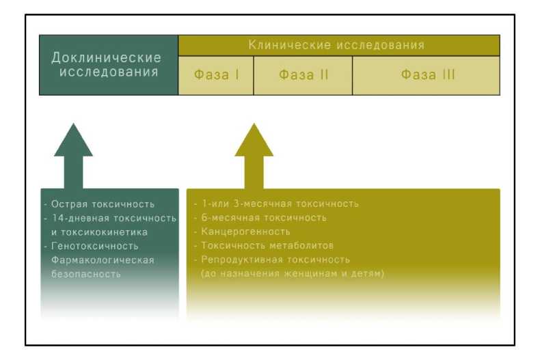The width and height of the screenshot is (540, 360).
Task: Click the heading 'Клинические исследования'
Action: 336,46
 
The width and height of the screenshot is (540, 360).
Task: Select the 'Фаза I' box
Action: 216,75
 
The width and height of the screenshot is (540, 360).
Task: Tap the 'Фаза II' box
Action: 303,75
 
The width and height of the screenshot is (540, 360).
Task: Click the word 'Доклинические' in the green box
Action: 107,57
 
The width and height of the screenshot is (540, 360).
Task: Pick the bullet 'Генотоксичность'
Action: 93,246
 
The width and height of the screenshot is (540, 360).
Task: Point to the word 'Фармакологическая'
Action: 98,260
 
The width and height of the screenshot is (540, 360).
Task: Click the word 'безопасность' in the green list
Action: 86,274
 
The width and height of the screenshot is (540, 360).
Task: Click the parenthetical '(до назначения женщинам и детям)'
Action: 292,274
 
